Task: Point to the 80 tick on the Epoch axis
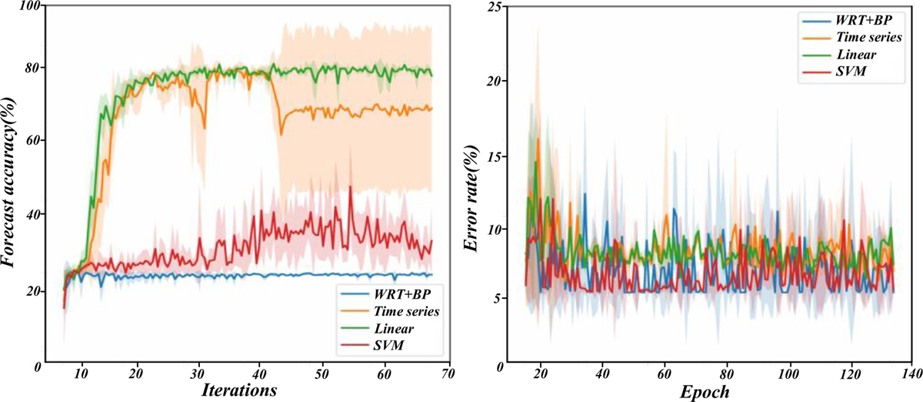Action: pyautogui.click(x=724, y=373)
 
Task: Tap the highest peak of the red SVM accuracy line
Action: pyautogui.click(x=351, y=186)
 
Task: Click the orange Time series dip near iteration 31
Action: pyautogui.click(x=205, y=127)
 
